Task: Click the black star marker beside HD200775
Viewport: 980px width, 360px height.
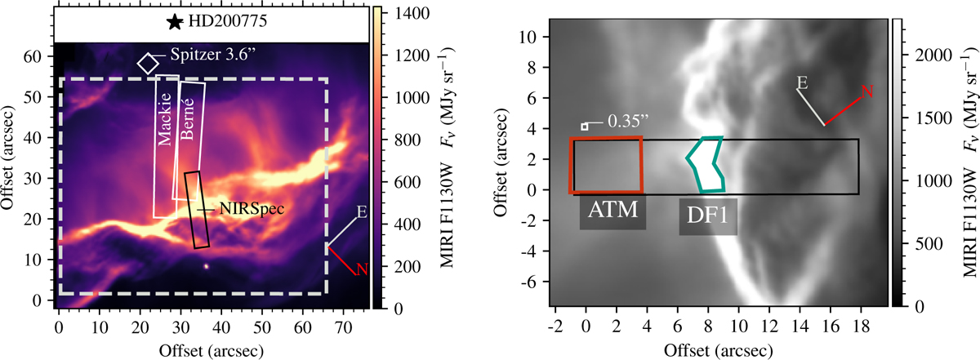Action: pos(175,22)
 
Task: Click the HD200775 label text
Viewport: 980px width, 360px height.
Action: pos(228,21)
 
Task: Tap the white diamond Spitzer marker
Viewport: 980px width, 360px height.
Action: pos(149,64)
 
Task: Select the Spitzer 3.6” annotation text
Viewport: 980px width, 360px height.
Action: pos(212,54)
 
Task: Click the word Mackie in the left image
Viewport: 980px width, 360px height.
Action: pos(165,119)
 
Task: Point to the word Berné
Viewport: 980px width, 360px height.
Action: pos(187,118)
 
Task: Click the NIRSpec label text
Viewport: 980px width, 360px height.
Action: pos(252,209)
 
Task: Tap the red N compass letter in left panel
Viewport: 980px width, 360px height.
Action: pos(362,269)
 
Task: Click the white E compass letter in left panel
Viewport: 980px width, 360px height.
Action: pos(362,212)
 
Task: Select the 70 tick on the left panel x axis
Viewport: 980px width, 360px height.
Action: pos(343,327)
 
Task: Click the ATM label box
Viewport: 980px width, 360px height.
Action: pos(612,213)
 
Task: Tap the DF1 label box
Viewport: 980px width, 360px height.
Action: pos(708,217)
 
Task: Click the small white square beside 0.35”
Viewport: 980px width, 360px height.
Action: pos(585,127)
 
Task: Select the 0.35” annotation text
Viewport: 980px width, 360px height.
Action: pos(628,121)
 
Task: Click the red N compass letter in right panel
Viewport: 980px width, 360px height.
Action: pos(867,91)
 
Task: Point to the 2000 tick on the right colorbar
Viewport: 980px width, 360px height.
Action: pos(933,56)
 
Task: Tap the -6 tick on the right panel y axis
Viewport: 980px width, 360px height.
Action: pos(530,282)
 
